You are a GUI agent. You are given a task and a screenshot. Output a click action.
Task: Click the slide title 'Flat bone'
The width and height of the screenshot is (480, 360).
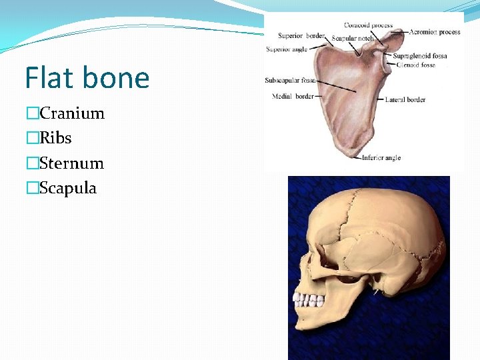87,78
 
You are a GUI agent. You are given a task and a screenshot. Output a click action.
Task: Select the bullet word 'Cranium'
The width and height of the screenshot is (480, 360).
72,113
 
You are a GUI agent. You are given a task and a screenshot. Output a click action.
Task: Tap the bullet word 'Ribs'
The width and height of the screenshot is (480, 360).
55,138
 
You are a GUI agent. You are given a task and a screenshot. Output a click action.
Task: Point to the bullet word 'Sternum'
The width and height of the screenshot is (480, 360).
71,163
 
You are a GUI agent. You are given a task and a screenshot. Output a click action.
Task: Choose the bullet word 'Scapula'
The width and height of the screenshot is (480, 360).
68,188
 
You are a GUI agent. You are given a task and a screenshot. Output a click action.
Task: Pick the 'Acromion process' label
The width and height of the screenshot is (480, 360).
435,31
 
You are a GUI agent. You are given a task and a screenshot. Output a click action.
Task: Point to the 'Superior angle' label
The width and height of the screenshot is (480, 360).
286,49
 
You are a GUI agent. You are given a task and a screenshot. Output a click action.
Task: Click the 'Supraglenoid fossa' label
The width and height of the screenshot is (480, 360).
421,56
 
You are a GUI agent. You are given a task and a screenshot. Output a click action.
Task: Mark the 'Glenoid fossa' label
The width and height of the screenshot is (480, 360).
415,65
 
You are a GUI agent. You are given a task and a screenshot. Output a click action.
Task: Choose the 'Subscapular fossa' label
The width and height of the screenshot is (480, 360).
290,81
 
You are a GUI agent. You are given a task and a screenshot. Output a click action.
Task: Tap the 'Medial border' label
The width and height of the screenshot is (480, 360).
293,96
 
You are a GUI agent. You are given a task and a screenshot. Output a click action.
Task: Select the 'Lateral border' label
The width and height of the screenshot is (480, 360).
405,100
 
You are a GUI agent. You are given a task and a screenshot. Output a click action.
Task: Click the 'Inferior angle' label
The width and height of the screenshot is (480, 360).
381,158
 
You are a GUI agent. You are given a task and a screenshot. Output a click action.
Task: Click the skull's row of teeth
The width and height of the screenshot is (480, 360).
308,299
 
